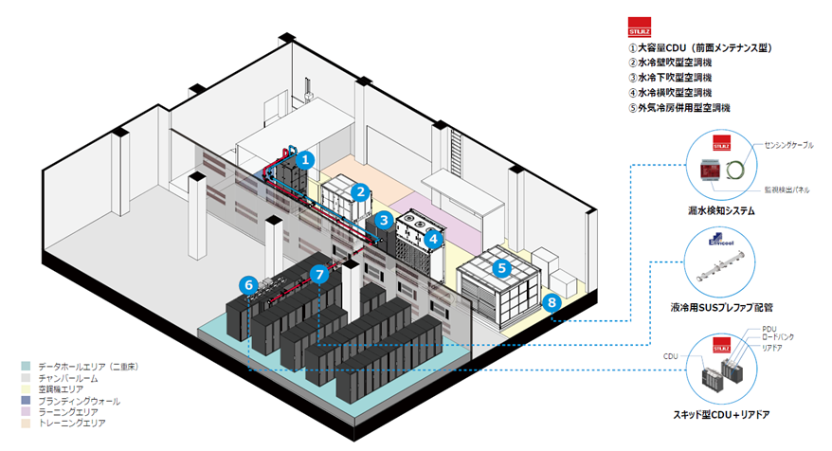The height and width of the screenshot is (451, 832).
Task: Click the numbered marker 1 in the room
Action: pos(304,161)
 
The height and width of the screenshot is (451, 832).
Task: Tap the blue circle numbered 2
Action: pos(359,192)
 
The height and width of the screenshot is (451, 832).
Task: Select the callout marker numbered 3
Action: pos(382,221)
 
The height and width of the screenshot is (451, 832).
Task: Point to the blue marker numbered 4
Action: pos(431,240)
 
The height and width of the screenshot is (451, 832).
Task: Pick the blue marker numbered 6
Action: pos(247,283)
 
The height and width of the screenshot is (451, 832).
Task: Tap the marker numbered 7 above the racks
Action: pos(318,275)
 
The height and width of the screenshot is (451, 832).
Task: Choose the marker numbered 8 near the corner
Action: pos(552,303)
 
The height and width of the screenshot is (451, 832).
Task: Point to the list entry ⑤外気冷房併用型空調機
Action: pos(680,108)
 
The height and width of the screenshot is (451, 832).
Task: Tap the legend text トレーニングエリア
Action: pos(66,423)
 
